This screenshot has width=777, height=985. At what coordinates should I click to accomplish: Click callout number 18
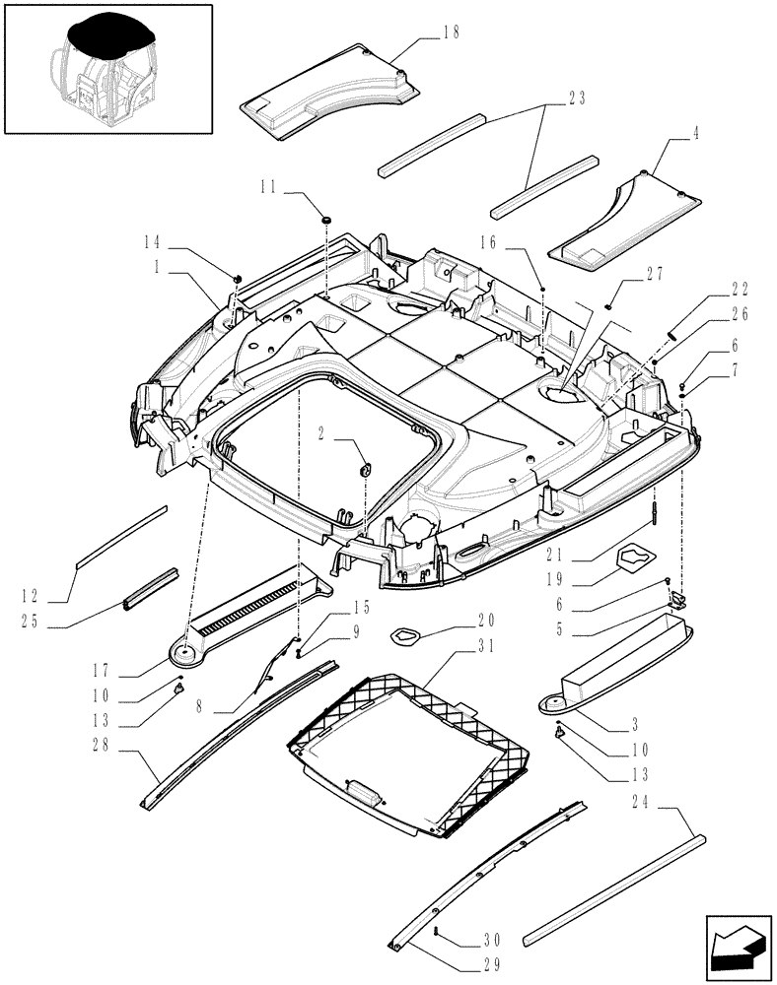pos(452,33)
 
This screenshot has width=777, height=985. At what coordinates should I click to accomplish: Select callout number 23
pos(577,98)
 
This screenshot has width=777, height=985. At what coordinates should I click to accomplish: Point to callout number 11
pos(267,184)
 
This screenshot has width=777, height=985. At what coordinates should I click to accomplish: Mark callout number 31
pos(483,646)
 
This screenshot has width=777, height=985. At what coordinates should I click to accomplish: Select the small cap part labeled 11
pos(325,216)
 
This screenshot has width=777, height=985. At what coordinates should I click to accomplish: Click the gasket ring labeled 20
pos(407,635)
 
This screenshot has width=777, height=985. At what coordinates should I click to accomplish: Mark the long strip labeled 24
pos(614,886)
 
